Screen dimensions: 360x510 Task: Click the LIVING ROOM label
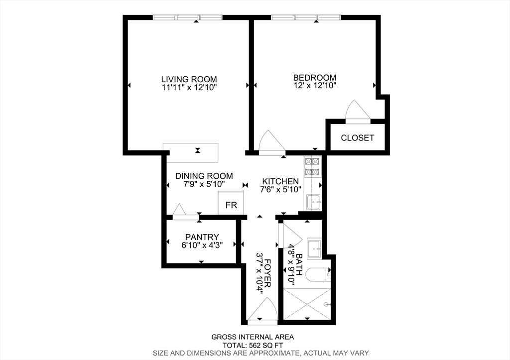click(x=189, y=79)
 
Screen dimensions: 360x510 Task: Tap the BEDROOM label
click(x=314, y=77)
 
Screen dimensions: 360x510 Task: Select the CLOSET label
click(x=357, y=137)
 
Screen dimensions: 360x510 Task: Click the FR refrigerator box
click(x=231, y=205)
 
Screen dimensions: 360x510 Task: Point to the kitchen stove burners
click(x=312, y=166)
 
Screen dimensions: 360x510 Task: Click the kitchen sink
click(x=313, y=202)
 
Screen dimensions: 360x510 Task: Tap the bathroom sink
click(x=314, y=248)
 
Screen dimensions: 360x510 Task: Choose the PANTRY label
click(x=202, y=237)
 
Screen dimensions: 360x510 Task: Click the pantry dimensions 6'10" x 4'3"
click(x=202, y=245)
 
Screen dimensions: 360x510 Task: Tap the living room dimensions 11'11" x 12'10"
click(x=189, y=87)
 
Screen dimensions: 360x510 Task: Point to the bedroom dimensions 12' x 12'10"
click(x=314, y=86)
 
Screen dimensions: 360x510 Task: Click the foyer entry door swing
click(x=262, y=311)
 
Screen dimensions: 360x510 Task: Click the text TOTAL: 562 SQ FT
click(x=253, y=345)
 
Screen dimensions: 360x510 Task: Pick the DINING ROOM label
click(x=204, y=176)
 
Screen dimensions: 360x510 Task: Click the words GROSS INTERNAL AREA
click(x=253, y=337)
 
